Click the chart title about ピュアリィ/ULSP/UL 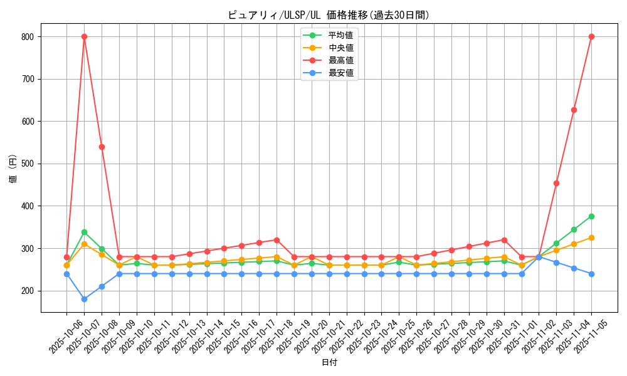[329, 15]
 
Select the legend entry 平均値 [340, 35]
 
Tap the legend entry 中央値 [340, 48]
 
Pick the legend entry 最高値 [340, 60]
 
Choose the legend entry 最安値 [340, 73]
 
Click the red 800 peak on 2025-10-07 [84, 36]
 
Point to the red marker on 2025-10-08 [102, 147]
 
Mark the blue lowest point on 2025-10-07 [84, 299]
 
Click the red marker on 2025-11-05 [591, 36]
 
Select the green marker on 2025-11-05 [591, 216]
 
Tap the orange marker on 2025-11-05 [591, 238]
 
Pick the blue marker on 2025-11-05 [591, 274]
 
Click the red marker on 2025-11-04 [574, 110]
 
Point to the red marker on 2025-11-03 [556, 183]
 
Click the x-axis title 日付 [329, 362]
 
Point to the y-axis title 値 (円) [13, 169]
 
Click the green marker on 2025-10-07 [84, 232]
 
